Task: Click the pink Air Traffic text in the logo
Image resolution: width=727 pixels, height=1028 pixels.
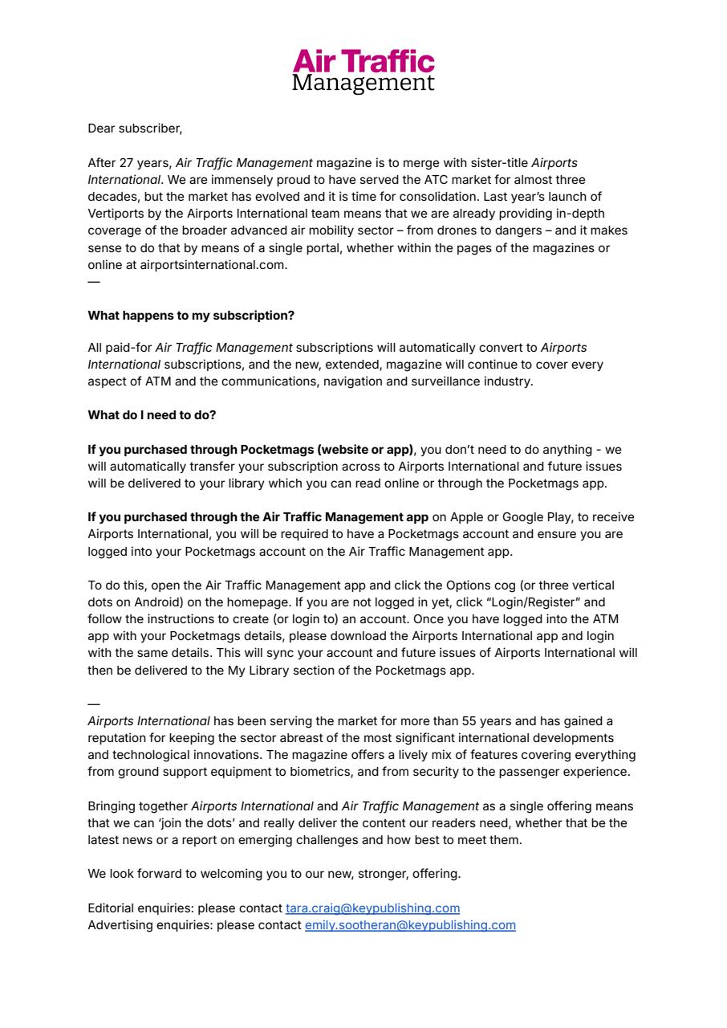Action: pos(363,62)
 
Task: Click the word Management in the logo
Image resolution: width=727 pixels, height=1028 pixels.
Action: pos(363,83)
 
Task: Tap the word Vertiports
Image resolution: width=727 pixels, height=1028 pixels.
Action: pos(117,214)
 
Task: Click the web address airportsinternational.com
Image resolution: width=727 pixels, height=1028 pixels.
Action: pos(213,265)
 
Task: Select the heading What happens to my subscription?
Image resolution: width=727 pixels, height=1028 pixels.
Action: pos(191,316)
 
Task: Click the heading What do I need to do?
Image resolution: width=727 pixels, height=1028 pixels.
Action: pos(152,415)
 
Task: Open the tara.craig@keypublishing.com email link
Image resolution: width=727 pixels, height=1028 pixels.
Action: pos(372,908)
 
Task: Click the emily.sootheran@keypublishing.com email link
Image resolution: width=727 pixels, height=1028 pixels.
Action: pos(410,925)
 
